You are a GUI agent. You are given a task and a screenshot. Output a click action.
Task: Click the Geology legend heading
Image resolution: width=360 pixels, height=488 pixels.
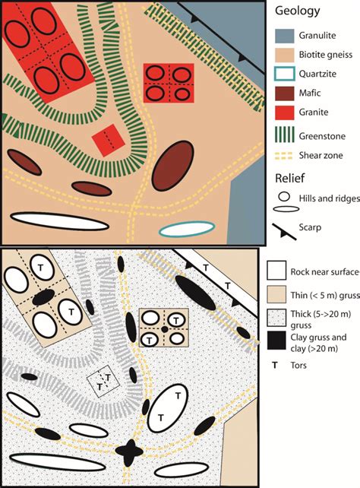point(296,11)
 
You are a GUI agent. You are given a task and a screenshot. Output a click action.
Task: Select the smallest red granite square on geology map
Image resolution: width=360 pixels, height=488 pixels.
point(106,140)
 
